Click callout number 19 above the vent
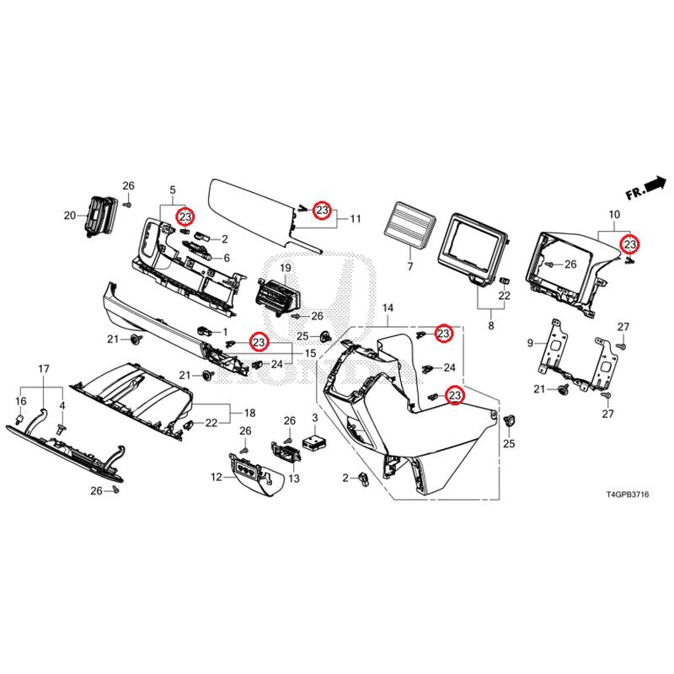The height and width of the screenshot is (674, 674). click(x=285, y=268)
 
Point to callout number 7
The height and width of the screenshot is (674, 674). click(x=410, y=266)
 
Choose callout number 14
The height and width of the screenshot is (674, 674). click(x=388, y=309)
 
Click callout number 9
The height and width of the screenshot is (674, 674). click(x=531, y=343)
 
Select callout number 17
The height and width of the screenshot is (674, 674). click(x=44, y=369)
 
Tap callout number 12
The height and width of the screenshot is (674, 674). click(x=217, y=477)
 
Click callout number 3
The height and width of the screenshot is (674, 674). click(x=314, y=418)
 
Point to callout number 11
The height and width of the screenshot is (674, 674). click(x=356, y=219)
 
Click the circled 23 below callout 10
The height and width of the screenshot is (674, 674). click(x=629, y=244)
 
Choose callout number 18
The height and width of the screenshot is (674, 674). click(x=249, y=414)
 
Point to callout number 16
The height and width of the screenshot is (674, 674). click(x=22, y=401)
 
